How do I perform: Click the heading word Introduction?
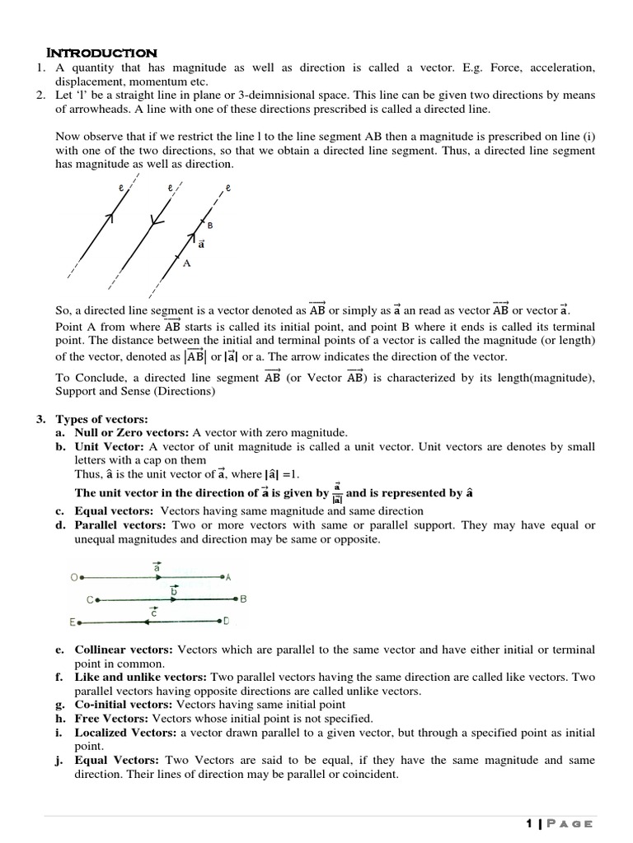102,54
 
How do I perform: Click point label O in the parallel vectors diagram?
72,578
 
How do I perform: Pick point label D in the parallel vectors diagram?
226,621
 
